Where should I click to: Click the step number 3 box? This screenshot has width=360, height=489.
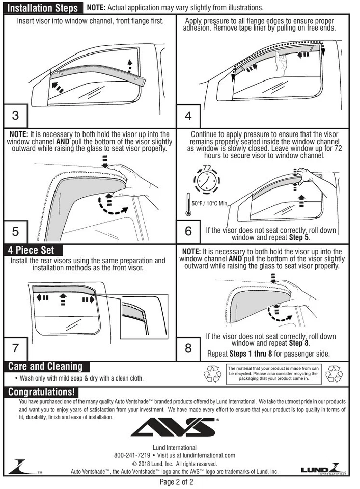15,116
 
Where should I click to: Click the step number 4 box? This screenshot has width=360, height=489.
188,116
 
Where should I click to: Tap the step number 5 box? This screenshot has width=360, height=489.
15,231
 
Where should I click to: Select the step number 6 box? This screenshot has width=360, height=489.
188,231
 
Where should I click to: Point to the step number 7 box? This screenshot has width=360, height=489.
15,348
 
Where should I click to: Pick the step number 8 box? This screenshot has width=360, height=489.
188,348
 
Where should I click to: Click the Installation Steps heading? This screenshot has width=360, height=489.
43,8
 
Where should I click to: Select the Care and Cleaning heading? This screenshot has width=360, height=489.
45,366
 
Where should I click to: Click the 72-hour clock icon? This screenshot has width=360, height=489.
207,178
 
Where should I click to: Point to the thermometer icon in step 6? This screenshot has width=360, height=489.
187,203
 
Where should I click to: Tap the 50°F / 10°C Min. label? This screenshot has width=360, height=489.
210,203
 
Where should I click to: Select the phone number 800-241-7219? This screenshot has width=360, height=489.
132,455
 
